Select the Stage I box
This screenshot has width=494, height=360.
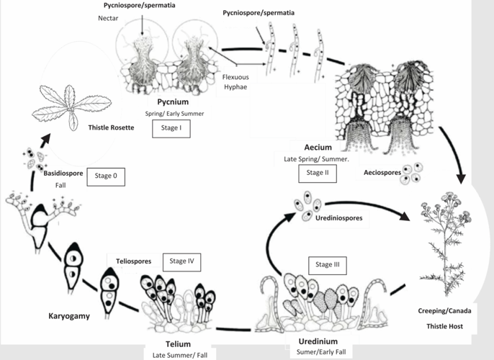tap(171, 129)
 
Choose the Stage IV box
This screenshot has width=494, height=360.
tap(181, 261)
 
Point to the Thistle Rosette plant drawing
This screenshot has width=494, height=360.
tap(71, 107)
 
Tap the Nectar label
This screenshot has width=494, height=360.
tap(108, 19)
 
